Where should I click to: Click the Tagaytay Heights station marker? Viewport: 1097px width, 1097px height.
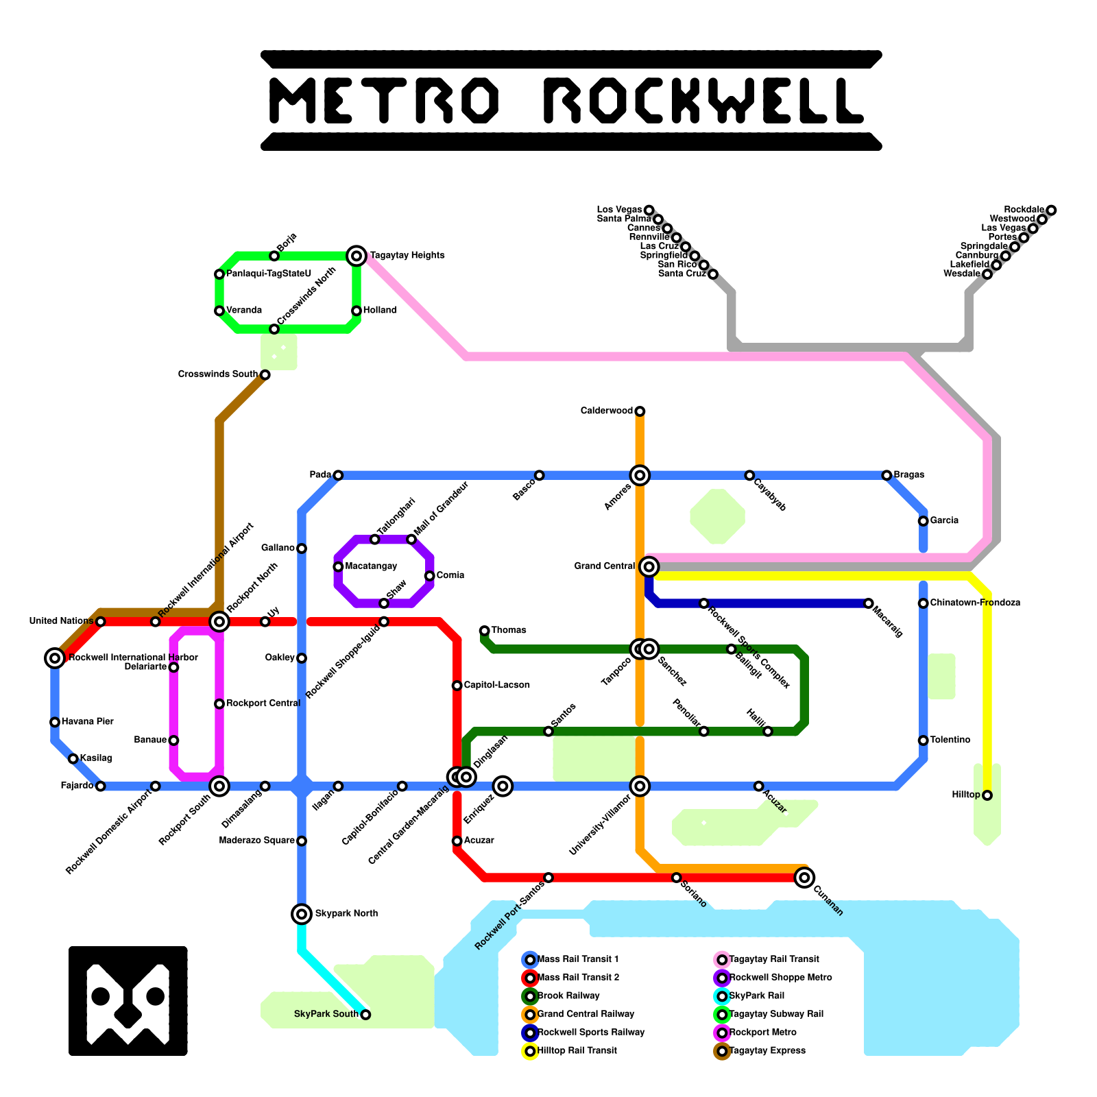pyautogui.click(x=357, y=256)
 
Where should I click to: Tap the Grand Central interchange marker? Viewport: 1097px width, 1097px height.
pyautogui.click(x=649, y=567)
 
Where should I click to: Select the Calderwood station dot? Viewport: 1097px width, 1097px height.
pyautogui.click(x=640, y=411)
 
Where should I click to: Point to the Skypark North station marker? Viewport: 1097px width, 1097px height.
pyautogui.click(x=302, y=914)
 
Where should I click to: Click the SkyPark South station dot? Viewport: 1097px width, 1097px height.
pyautogui.click(x=365, y=1015)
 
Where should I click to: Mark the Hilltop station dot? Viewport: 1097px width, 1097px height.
pyautogui.click(x=987, y=795)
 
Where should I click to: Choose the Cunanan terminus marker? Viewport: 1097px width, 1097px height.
pyautogui.click(x=805, y=877)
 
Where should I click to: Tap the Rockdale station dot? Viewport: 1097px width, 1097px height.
pyautogui.click(x=1051, y=210)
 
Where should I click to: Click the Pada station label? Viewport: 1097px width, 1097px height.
pyautogui.click(x=320, y=474)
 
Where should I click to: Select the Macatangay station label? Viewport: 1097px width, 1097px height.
pyautogui.click(x=371, y=566)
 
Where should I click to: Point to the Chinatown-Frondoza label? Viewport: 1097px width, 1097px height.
pyautogui.click(x=975, y=603)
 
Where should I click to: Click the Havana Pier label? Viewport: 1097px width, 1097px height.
pyautogui.click(x=88, y=721)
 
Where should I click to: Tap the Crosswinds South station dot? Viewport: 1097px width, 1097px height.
pyautogui.click(x=265, y=375)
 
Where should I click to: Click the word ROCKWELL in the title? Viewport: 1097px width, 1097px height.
pyautogui.click(x=703, y=100)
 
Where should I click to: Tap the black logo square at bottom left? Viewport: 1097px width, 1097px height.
pyautogui.click(x=128, y=1001)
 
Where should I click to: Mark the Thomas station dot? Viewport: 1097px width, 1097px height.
pyautogui.click(x=485, y=631)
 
